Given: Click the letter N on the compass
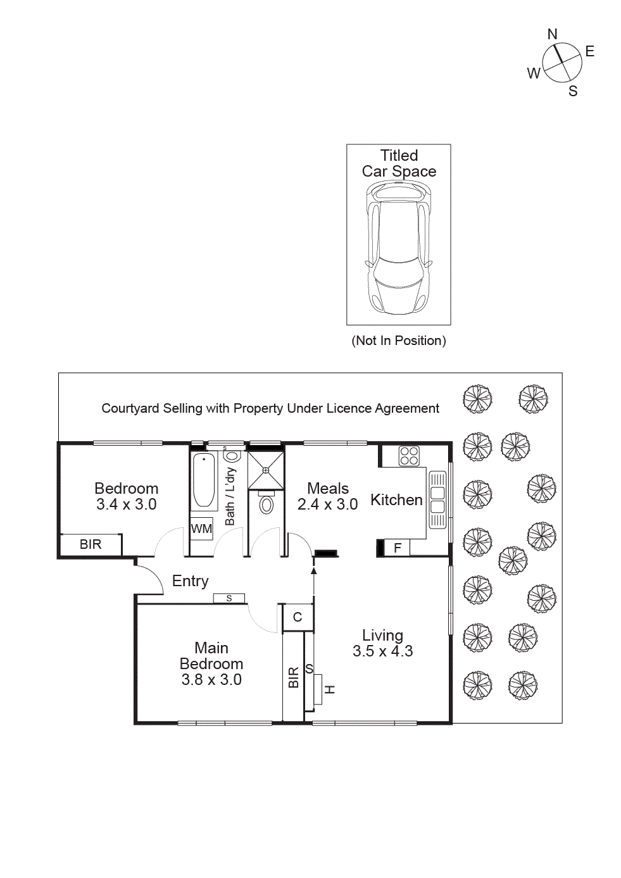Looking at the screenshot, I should [552, 34].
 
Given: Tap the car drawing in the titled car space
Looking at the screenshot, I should [399, 247].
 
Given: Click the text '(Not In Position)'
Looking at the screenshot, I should [399, 341].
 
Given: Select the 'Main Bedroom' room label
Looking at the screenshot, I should [211, 656].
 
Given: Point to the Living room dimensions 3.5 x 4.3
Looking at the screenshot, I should [382, 651].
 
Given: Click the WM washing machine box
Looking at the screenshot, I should [201, 529].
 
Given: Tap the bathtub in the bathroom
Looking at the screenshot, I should [204, 480].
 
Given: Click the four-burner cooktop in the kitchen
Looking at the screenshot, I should [409, 456].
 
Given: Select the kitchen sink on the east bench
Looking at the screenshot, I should [437, 499].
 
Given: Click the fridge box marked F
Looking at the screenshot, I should [398, 548].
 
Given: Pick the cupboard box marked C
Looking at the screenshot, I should [298, 617].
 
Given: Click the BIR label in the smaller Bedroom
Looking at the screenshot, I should [91, 544].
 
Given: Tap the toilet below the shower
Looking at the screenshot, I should [267, 505].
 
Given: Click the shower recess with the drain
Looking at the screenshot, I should [266, 470].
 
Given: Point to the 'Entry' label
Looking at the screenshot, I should [190, 581].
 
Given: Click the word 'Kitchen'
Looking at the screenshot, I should [396, 500].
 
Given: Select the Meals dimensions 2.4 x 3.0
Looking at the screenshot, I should [327, 505].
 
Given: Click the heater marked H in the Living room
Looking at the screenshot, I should [329, 689].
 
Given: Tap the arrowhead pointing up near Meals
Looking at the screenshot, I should [313, 570].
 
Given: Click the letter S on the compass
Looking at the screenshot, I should [573, 91].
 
